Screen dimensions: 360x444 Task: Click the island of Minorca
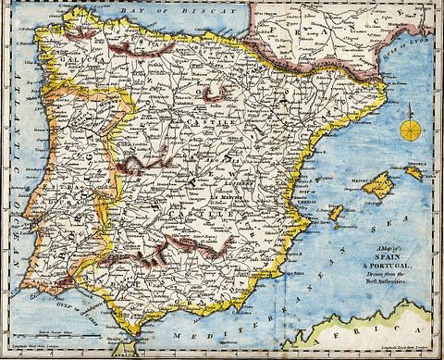(414, 172)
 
